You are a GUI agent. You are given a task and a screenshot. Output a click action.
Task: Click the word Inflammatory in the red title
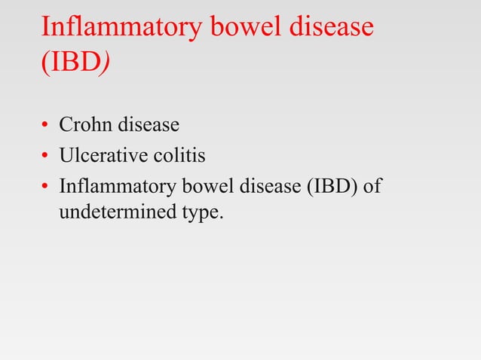coord(120,28)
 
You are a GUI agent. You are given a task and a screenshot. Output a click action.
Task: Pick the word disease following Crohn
coord(148,124)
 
